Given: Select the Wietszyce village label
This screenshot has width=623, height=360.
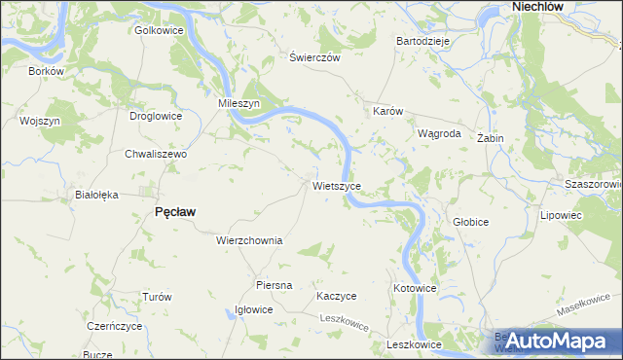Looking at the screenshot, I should click(337, 185).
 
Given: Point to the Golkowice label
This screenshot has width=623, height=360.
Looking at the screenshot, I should click(159, 29).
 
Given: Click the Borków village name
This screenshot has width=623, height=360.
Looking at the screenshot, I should click(46, 71).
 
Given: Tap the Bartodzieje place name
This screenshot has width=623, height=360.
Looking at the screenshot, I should click(421, 42).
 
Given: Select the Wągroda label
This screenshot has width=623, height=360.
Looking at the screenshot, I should click(438, 134).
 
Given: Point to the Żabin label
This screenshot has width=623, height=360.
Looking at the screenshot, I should click(490, 138).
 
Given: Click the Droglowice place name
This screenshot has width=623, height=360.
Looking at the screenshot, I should click(156, 116).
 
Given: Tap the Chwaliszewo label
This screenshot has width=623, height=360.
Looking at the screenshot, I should click(155, 154).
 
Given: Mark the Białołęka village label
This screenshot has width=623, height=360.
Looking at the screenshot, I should click(96, 195).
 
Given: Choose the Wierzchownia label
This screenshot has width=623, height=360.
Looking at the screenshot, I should click(249, 240).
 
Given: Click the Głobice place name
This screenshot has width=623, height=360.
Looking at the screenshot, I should click(470, 222).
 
